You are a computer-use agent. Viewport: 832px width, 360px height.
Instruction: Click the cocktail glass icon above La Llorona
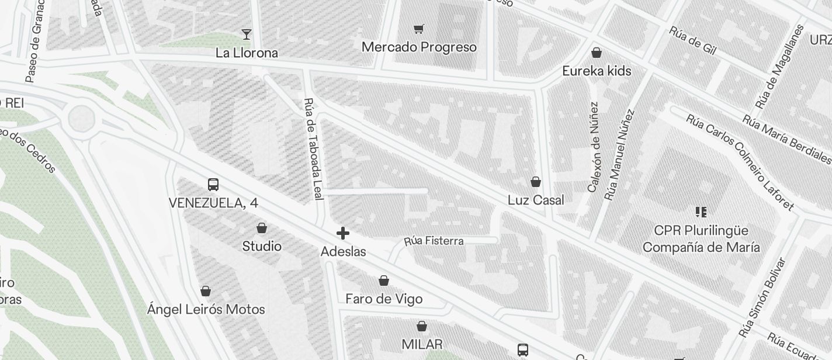247,34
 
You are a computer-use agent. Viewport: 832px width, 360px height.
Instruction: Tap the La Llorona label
247,53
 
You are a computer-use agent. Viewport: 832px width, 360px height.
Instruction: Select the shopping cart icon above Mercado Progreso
418,29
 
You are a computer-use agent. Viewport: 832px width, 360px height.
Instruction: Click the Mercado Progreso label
419,47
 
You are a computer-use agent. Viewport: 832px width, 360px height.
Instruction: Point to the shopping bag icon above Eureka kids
597,53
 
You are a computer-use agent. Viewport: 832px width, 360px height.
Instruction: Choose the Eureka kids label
597,71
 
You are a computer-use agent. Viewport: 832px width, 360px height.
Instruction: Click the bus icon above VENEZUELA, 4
213,185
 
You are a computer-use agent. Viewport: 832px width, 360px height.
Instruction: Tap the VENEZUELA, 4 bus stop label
213,203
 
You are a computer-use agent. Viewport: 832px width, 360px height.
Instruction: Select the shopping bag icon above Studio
262,228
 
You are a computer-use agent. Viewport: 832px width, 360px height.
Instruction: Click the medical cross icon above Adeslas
343,234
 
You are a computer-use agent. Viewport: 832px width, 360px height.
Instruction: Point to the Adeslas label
344,251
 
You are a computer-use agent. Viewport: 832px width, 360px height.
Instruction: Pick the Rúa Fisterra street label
434,241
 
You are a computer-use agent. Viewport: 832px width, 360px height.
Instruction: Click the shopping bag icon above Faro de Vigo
384,281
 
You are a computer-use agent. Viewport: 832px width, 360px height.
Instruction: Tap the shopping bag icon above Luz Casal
536,182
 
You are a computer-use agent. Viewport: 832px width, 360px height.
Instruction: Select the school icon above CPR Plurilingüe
701,212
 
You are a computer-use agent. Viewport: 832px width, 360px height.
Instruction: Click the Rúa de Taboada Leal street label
314,149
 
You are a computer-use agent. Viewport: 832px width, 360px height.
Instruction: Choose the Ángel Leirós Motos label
206,309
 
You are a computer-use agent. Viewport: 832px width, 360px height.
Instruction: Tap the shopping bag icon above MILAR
422,326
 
